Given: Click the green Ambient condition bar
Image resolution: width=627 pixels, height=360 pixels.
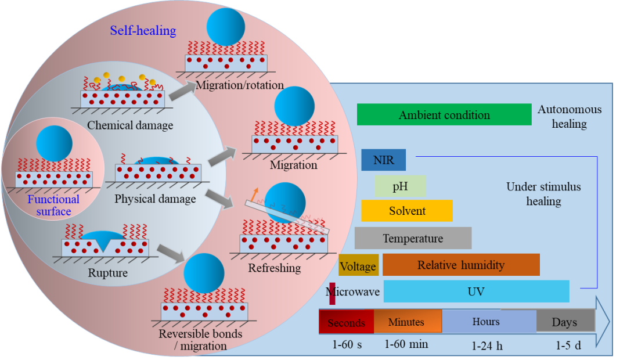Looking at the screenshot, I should [x=444, y=114].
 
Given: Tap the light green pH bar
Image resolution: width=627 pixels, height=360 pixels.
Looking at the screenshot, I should [x=400, y=186].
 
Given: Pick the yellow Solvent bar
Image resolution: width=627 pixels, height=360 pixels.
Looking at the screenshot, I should [x=406, y=210].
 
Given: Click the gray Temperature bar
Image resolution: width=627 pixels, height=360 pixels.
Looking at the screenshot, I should [x=413, y=238].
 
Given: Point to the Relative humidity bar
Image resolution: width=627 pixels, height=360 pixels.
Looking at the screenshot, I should [x=461, y=265].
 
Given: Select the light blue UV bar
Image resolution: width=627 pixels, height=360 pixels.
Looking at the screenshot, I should [x=476, y=291].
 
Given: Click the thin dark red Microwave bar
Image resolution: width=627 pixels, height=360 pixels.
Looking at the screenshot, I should [x=332, y=291].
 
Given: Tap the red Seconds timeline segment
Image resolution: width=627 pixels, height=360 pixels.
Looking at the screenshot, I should [x=346, y=322].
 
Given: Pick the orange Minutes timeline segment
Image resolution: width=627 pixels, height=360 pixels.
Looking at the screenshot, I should [x=407, y=321].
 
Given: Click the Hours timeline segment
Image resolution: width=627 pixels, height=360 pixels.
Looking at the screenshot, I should [x=488, y=321].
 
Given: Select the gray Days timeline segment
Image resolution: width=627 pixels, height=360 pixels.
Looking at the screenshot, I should [x=565, y=321].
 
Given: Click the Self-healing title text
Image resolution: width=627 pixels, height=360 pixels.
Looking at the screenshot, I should [x=143, y=30].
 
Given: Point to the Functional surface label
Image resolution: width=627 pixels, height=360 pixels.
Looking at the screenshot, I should [x=53, y=205].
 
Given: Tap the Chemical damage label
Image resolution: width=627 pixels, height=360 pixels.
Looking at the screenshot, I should [x=130, y=125].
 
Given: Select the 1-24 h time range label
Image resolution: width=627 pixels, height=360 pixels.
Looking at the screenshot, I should [x=487, y=346].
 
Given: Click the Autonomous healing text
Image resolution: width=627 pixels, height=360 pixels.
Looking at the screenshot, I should [x=569, y=116].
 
